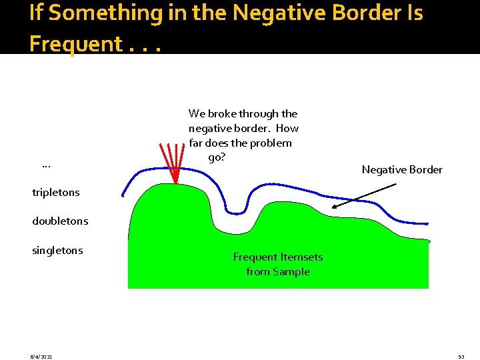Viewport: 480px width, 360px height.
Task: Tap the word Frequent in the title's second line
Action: coord(75,44)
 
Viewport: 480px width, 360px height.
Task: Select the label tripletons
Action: coord(56,193)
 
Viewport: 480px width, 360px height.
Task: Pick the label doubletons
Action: coord(60,221)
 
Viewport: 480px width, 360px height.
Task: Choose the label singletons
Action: coord(57,251)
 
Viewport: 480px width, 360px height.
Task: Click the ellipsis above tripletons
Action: coord(46,165)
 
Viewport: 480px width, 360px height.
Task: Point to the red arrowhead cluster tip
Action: coord(175,183)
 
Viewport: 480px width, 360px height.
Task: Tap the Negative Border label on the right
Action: coord(402,170)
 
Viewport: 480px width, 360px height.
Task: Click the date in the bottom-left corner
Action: coord(41,357)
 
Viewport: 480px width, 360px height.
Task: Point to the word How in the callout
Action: coord(287,128)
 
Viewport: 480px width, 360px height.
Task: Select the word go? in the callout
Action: coord(216,157)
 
